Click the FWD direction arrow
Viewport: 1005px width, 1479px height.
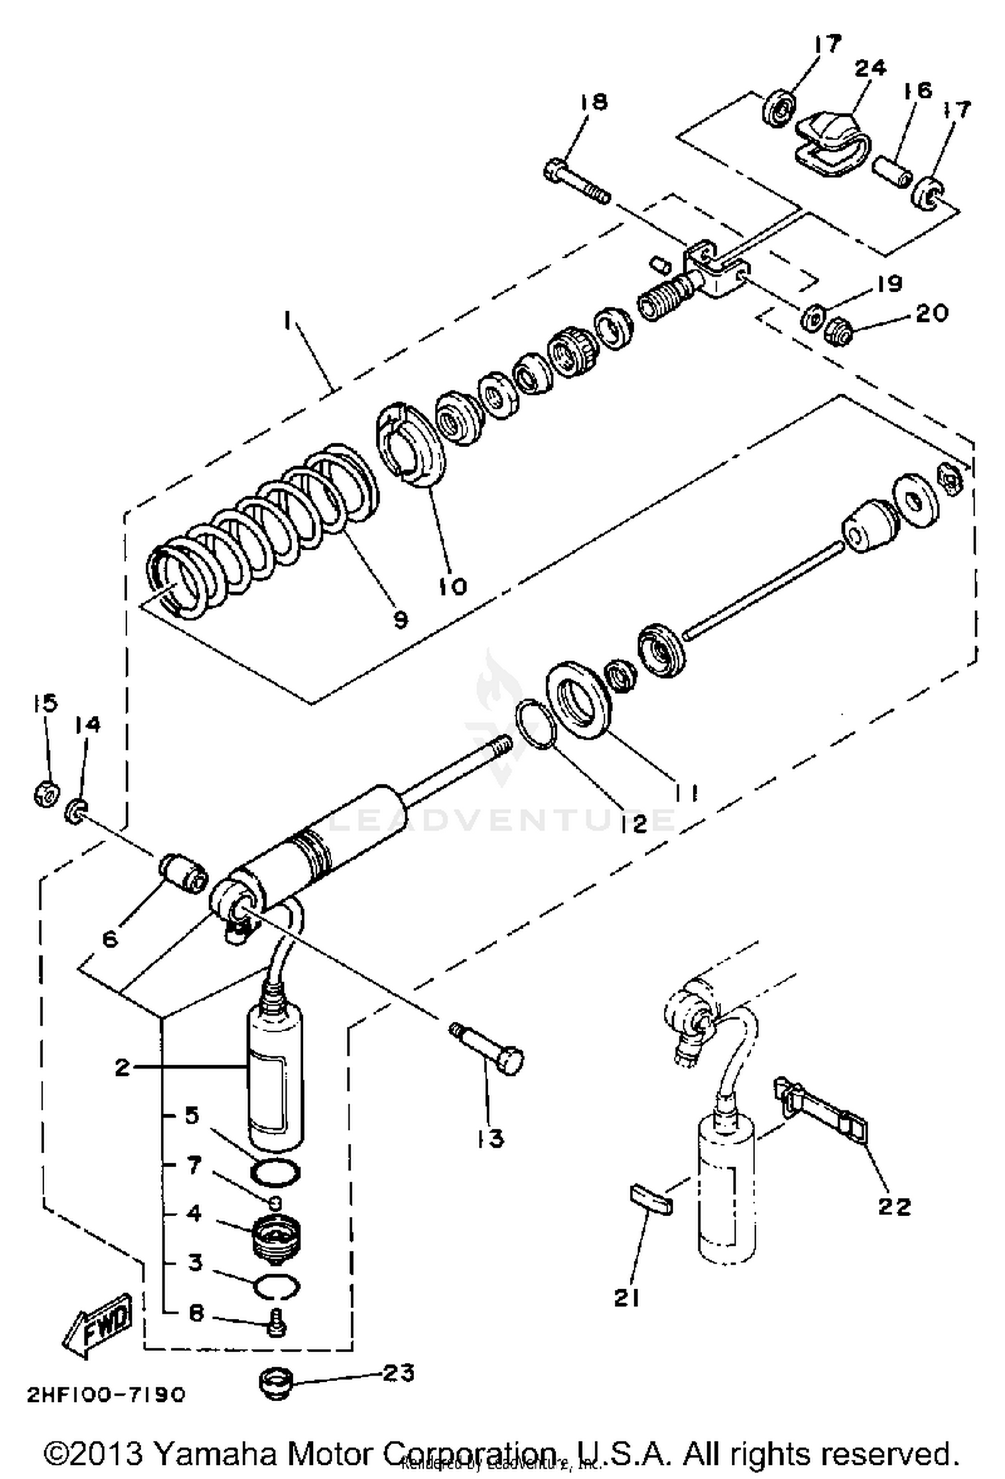[97, 1324]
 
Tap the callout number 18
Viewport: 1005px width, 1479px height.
[594, 102]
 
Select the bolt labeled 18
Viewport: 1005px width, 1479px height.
[576, 180]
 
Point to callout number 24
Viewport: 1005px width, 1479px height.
[870, 68]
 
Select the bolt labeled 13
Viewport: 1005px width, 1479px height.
[488, 1051]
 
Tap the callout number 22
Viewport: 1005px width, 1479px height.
[894, 1207]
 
